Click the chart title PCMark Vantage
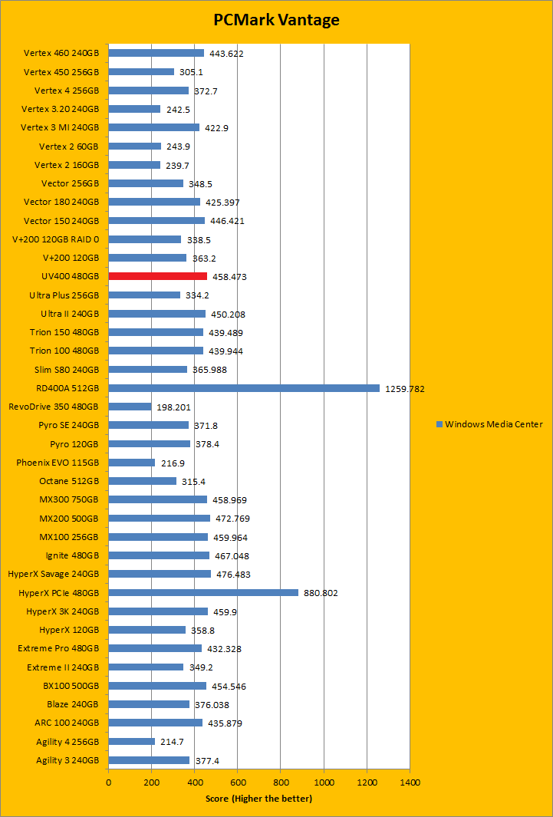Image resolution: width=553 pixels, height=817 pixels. tap(276, 21)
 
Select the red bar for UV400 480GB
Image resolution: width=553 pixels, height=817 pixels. tap(157, 276)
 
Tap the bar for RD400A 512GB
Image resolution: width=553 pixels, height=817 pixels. tap(244, 388)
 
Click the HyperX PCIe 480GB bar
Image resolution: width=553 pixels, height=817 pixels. tap(203, 592)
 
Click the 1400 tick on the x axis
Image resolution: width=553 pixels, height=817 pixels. tap(410, 782)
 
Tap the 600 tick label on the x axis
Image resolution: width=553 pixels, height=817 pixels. tap(237, 782)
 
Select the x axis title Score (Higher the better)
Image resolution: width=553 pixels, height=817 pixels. tap(258, 799)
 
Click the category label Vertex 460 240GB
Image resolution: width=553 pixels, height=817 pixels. tap(61, 53)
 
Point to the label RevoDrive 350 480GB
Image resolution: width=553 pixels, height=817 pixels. tap(54, 407)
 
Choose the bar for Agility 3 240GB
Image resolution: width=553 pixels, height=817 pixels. tap(149, 760)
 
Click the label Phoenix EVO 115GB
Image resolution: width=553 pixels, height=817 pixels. tap(58, 463)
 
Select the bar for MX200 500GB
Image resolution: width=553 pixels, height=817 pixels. tap(159, 518)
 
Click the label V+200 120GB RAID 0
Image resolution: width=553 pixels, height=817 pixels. tap(55, 239)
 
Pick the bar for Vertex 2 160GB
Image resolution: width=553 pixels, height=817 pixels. tap(134, 165)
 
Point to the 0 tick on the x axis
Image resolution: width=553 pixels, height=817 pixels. tap(108, 782)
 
